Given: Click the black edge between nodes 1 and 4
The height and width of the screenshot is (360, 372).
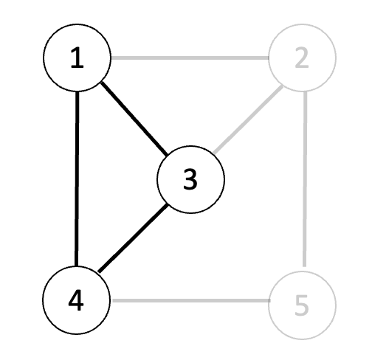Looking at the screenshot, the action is click(x=77, y=179).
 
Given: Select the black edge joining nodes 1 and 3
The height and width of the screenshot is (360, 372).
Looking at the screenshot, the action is click(x=134, y=119).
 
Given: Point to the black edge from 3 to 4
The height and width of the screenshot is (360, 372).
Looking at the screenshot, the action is click(x=133, y=238).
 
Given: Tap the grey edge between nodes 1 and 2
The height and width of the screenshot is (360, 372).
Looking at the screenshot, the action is click(x=190, y=58).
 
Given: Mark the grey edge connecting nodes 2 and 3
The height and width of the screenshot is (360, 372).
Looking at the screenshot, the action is click(x=248, y=119).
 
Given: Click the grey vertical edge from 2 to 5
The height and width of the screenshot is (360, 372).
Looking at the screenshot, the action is click(x=305, y=179).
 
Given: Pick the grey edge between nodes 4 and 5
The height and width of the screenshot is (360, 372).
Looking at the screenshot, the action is click(x=190, y=300).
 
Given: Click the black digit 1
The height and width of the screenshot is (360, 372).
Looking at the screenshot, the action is click(x=77, y=58).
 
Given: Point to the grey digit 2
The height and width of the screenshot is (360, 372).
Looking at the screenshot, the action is click(x=302, y=58).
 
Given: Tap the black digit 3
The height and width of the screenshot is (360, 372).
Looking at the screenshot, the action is click(x=190, y=179).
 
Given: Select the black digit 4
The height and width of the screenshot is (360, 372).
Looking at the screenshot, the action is click(x=76, y=300).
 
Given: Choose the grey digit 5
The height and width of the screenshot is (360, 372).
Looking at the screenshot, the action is click(x=302, y=305).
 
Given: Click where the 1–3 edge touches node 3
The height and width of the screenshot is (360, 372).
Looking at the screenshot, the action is click(x=168, y=155).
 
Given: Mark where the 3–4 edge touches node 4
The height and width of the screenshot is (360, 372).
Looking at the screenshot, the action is click(x=99, y=271).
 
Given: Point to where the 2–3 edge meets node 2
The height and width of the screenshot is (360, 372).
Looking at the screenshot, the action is click(x=283, y=86).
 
